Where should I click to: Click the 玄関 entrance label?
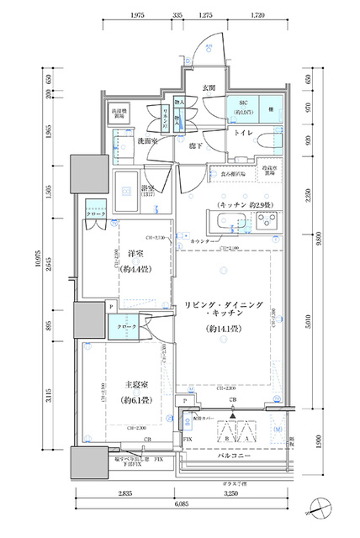click(209, 87)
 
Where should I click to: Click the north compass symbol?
click(321, 507)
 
